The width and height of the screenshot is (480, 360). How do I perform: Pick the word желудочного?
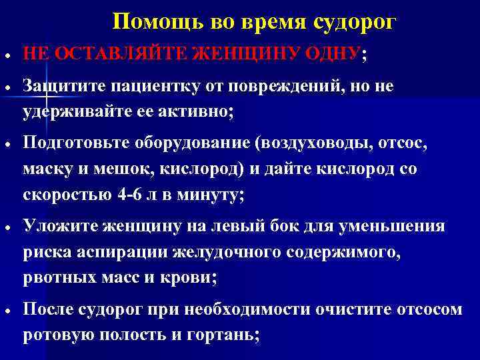[223, 251]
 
